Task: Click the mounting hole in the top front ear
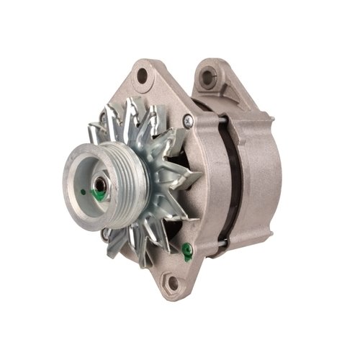[143, 74]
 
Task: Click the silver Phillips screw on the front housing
[188, 120]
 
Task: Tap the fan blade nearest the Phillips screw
[173, 133]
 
